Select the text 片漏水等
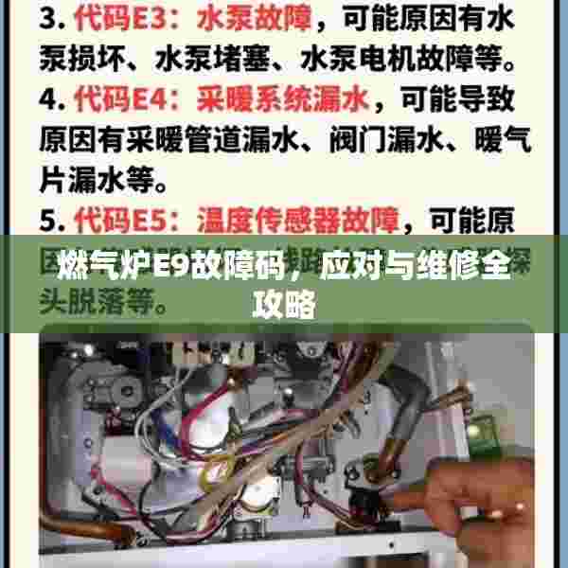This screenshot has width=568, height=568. pyautogui.click(x=103, y=180)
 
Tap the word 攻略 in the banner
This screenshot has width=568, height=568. pyautogui.click(x=284, y=305)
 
